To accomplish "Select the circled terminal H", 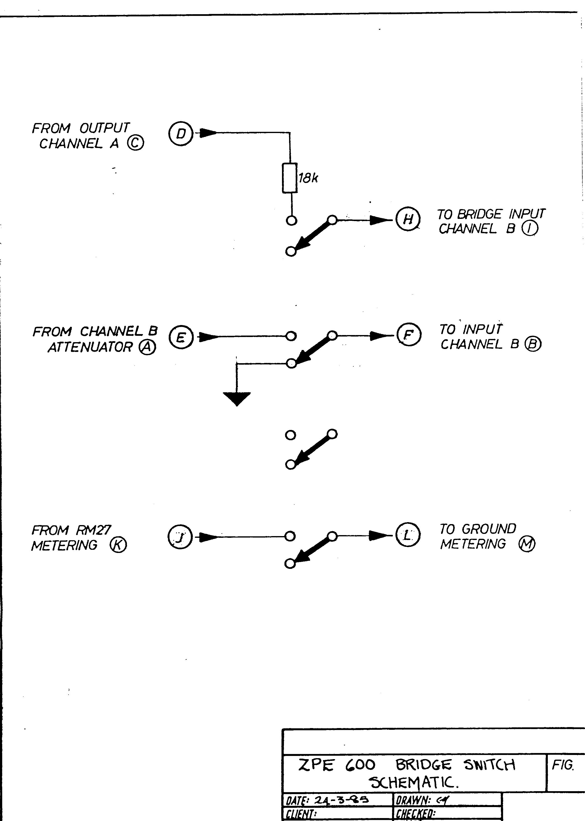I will click(408, 219).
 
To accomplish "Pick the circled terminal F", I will click(408, 335).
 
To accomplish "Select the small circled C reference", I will click(136, 144).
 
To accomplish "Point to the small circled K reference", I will click(119, 545).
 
